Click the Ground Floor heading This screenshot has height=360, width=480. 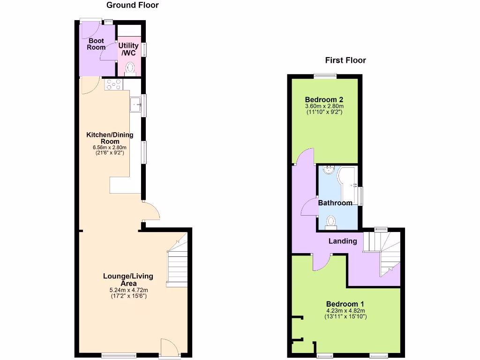point(133,6)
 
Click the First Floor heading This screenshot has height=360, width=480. point(345,60)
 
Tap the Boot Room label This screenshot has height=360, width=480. point(96,44)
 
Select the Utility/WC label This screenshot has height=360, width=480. point(128,49)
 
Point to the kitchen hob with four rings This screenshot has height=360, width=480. point(114,84)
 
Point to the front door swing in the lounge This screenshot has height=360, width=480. point(169,347)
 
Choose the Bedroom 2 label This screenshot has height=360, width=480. point(324,99)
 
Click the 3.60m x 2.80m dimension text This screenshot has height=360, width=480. point(324,106)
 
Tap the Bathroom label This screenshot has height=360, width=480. point(335,203)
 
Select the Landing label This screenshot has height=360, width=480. point(343,241)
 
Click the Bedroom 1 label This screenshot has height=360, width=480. point(345,303)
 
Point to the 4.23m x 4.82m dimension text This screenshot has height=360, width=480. point(345,310)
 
